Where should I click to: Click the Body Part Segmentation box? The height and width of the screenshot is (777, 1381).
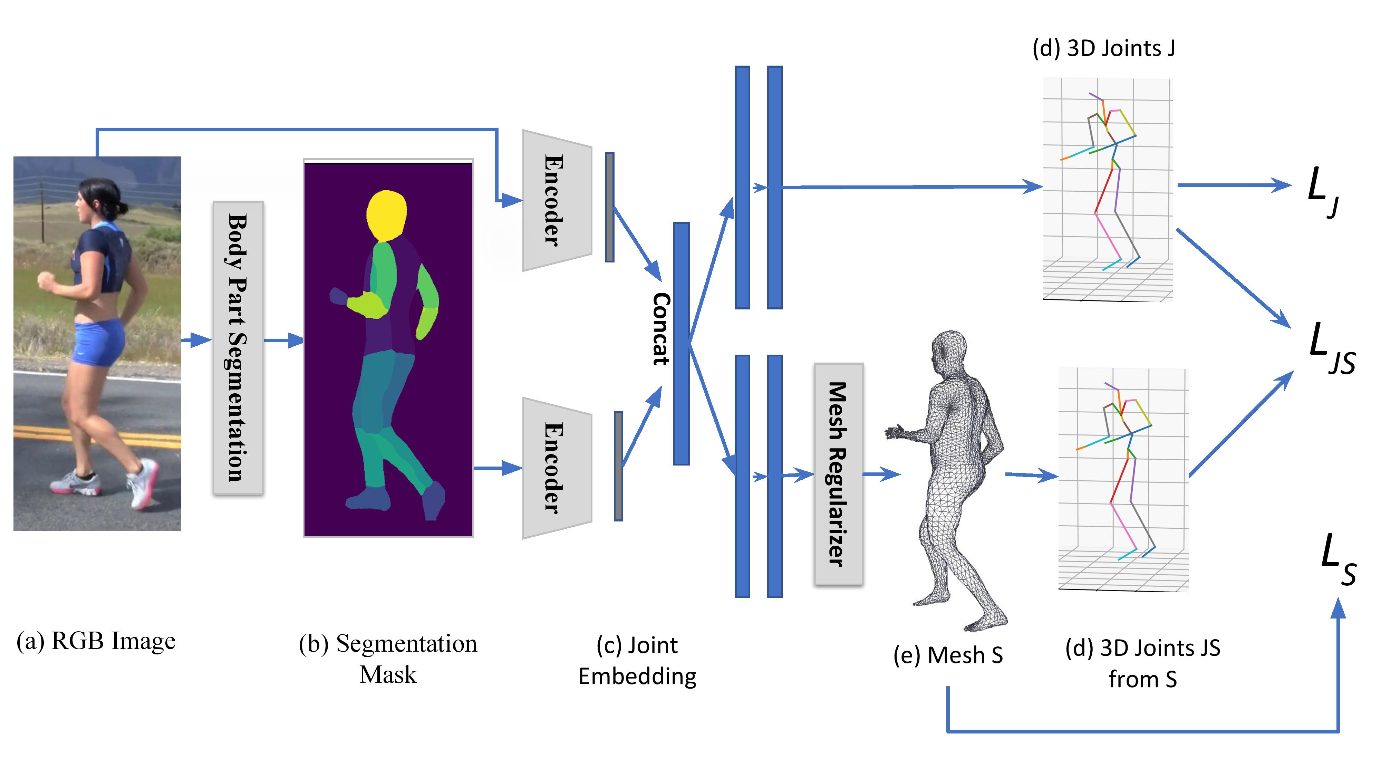(238, 347)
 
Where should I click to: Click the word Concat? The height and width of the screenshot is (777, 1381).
(660, 329)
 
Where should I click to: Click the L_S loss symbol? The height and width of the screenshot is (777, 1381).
(1337, 560)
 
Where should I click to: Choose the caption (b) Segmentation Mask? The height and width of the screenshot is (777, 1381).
(388, 659)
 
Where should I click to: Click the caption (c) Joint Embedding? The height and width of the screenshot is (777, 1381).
(637, 661)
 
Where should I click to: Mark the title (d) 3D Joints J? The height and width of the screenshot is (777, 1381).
(1103, 49)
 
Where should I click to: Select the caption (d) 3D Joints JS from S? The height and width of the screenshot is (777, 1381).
(1142, 663)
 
